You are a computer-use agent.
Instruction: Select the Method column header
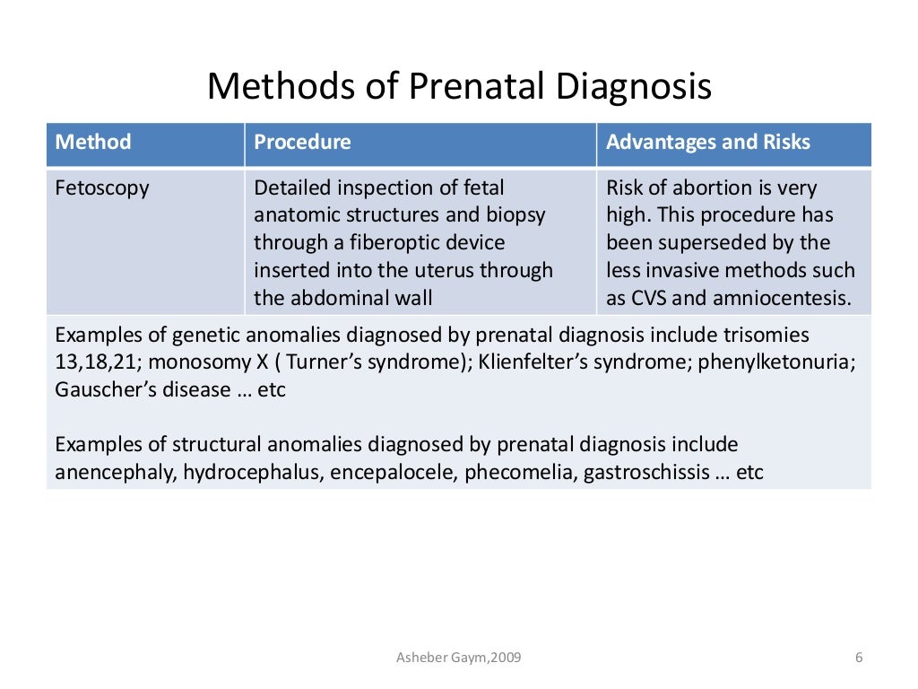(93, 142)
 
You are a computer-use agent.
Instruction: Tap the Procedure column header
(302, 142)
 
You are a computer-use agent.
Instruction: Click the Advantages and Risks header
(708, 142)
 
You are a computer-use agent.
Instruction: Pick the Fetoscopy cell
(102, 188)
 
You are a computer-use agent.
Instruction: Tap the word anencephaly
(114, 472)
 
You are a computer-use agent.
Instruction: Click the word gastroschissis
(645, 472)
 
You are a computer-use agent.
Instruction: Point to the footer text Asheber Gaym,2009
(458, 658)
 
